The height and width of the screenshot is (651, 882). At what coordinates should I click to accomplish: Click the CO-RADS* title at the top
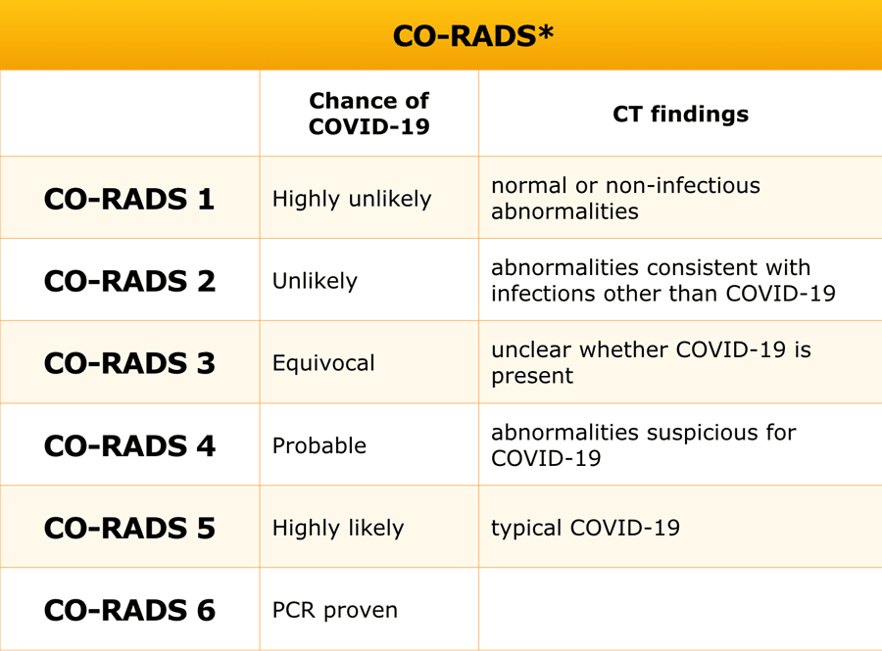click(472, 36)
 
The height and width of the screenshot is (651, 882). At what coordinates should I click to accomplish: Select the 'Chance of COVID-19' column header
click(368, 114)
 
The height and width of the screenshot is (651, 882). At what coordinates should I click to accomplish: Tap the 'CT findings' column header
click(680, 114)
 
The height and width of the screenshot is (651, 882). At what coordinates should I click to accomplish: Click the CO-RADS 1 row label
click(129, 199)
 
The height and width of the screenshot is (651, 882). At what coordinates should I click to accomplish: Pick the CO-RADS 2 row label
click(129, 281)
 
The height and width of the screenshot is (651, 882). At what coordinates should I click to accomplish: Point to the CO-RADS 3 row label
click(129, 363)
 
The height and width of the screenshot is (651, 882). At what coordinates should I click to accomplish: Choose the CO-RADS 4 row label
click(129, 445)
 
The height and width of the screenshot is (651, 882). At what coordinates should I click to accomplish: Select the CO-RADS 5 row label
click(129, 528)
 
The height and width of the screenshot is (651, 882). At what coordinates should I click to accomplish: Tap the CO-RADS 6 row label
click(129, 610)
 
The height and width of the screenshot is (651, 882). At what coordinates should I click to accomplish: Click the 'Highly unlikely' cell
click(351, 199)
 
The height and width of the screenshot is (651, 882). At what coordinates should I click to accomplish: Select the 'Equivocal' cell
click(323, 363)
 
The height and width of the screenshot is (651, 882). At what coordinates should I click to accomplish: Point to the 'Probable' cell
click(319, 445)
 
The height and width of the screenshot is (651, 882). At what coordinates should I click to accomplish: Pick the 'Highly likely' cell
click(337, 528)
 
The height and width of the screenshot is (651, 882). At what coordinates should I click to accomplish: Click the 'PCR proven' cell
click(335, 610)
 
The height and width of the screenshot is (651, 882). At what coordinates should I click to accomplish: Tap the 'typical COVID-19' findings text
click(585, 528)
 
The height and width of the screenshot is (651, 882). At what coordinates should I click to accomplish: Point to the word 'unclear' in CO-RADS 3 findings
click(530, 350)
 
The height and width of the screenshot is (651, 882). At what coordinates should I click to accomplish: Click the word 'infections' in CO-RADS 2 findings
click(539, 294)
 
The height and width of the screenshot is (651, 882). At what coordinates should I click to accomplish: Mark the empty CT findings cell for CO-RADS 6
click(680, 610)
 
